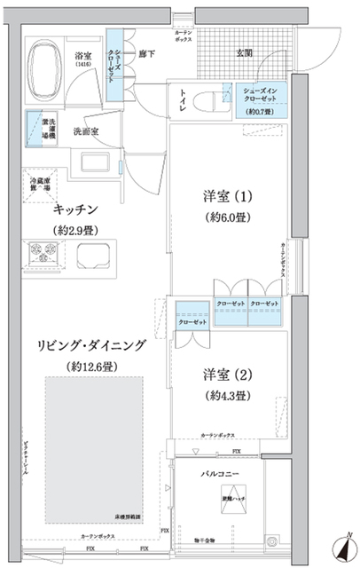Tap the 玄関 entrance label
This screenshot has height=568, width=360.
pyautogui.click(x=242, y=52)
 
